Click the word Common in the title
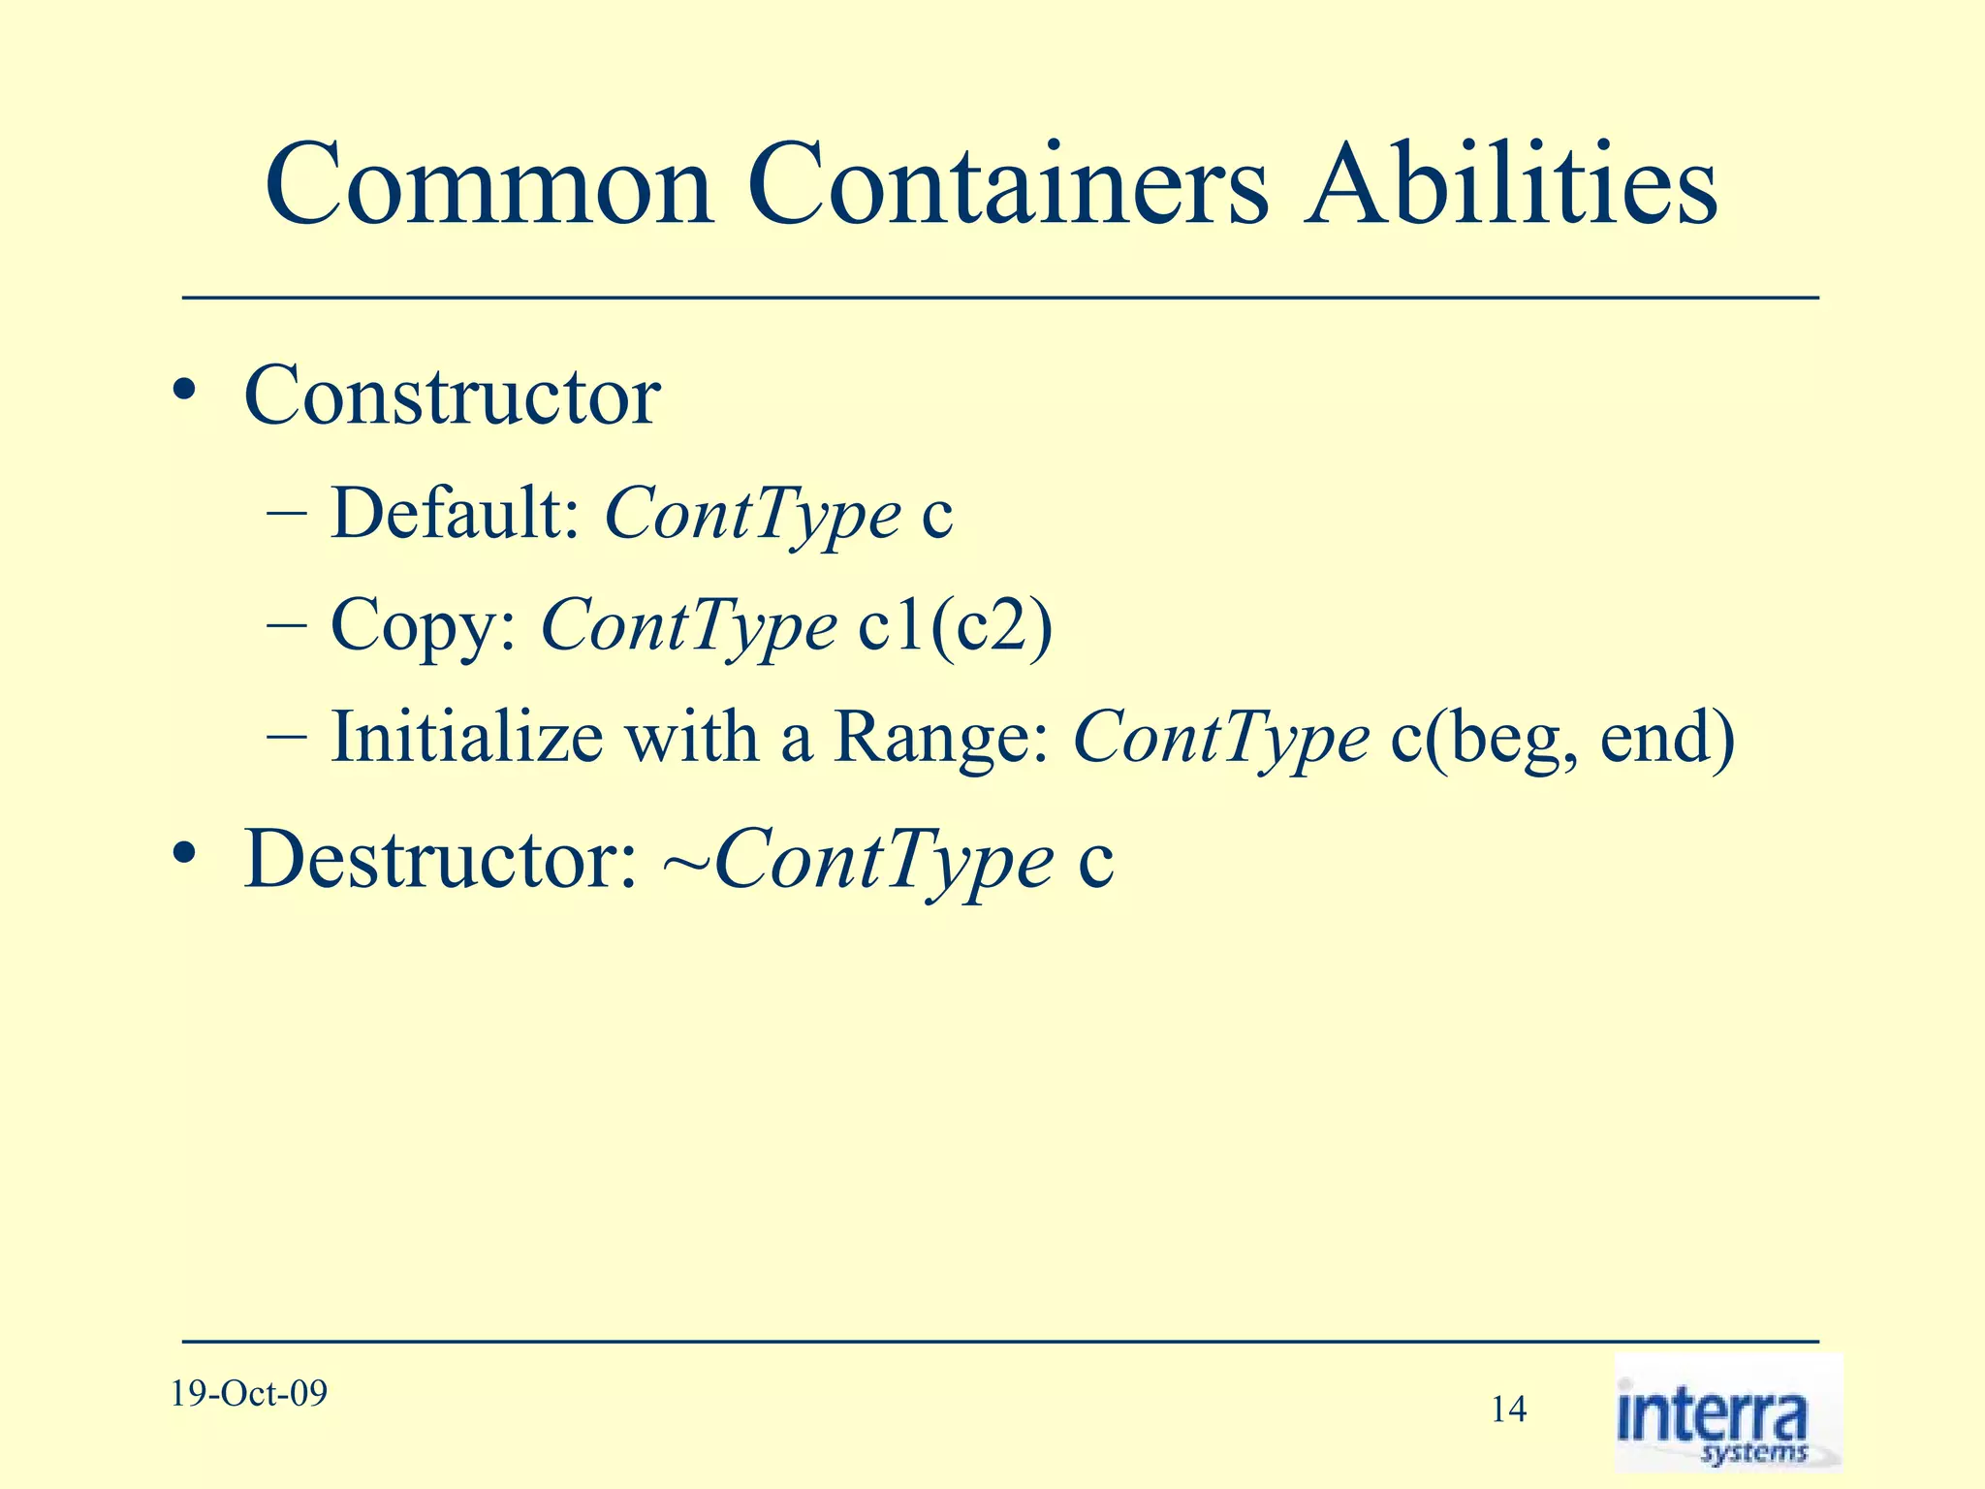(x=488, y=186)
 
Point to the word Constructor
(x=452, y=396)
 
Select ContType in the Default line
(x=752, y=517)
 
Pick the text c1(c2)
(x=955, y=626)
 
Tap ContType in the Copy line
(x=688, y=628)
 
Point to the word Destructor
(x=440, y=860)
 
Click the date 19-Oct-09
(x=249, y=1394)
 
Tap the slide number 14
(x=1508, y=1410)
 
